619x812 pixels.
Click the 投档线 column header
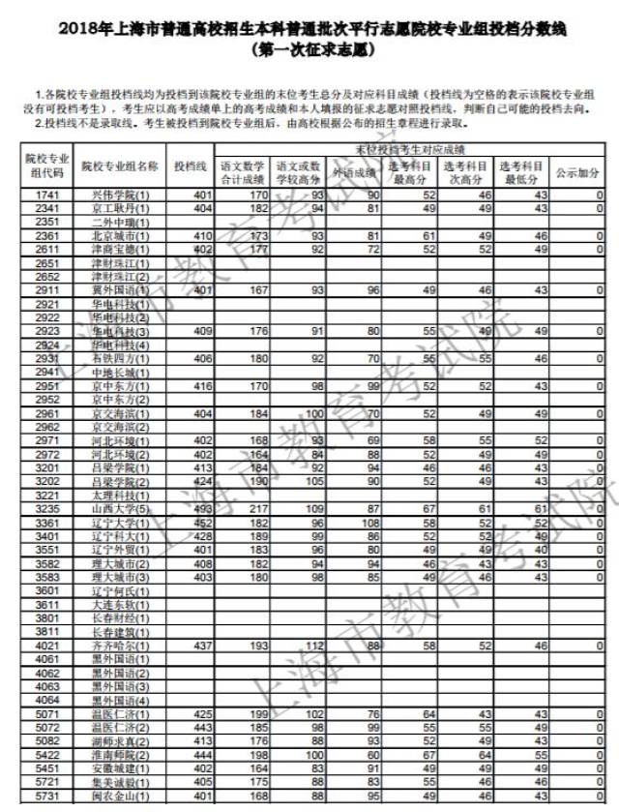coord(190,166)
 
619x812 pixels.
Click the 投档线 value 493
coord(201,508)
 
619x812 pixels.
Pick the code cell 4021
coord(46,646)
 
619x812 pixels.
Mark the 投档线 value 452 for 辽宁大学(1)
coord(201,523)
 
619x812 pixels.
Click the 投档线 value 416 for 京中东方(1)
coord(201,386)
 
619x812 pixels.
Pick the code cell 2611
coord(46,250)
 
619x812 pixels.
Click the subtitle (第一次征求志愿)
coord(309,47)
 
